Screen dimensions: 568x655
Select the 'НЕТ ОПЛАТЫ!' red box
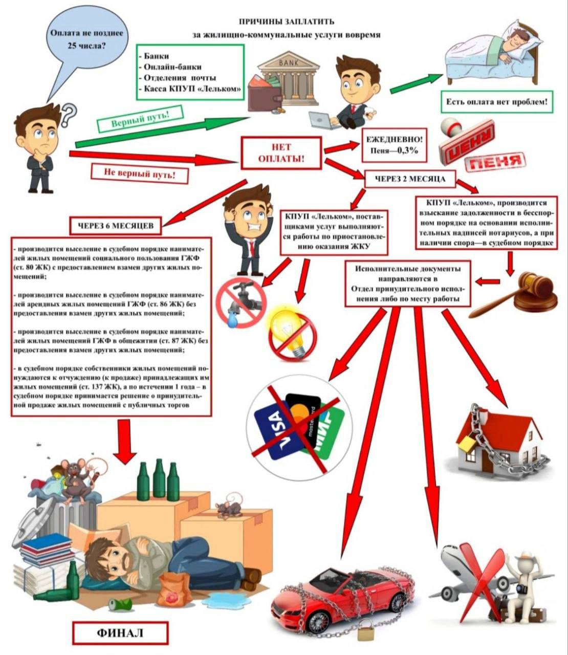click(281, 152)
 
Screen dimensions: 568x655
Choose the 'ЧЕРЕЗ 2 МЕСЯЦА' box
click(410, 179)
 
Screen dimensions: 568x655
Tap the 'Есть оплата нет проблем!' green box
click(497, 102)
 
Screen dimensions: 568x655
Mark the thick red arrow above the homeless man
click(126, 442)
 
